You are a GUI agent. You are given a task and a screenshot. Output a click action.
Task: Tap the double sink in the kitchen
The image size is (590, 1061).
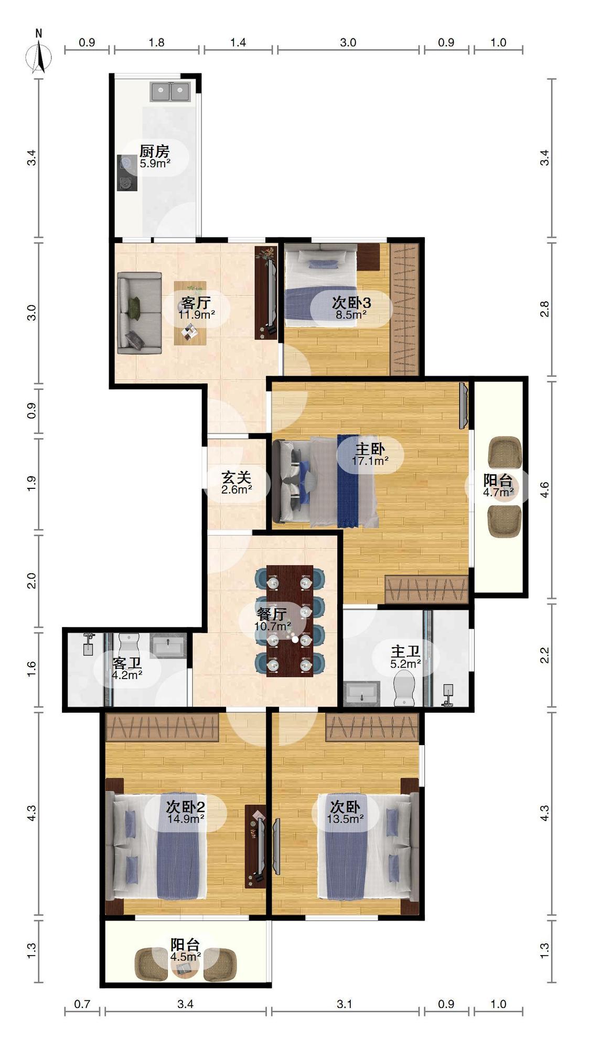[x=170, y=92]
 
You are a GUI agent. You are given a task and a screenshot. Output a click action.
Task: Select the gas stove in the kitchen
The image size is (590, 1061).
[x=126, y=173]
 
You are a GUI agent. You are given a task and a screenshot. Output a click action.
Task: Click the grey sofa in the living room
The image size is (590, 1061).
[x=139, y=313]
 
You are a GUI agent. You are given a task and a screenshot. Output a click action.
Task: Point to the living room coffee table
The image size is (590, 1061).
[x=190, y=313]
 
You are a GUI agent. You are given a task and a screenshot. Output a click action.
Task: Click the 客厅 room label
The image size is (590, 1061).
[x=196, y=303]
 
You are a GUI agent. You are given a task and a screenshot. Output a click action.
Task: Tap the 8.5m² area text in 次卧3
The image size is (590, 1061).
[x=351, y=315]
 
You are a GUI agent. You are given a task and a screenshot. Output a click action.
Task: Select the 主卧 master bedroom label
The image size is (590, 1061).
[x=370, y=449]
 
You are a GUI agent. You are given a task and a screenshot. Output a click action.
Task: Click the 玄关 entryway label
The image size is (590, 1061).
[x=236, y=477]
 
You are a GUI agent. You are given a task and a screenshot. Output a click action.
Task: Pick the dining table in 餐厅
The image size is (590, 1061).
[x=289, y=621]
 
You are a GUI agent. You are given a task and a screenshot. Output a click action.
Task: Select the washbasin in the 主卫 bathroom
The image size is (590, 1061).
[x=361, y=694]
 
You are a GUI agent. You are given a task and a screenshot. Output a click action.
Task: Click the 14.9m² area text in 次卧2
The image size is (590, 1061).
[x=186, y=818]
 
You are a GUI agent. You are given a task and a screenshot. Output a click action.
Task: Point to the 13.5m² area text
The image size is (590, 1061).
[x=345, y=818]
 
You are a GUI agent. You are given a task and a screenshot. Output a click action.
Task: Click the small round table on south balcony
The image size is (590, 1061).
[x=185, y=967]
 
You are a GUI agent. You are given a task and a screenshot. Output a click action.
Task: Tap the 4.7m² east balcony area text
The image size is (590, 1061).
[x=498, y=492]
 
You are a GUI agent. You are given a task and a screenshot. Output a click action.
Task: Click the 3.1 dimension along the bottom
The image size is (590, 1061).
[x=345, y=1004]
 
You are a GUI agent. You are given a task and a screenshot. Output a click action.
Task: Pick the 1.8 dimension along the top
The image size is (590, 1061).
[x=156, y=42]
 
